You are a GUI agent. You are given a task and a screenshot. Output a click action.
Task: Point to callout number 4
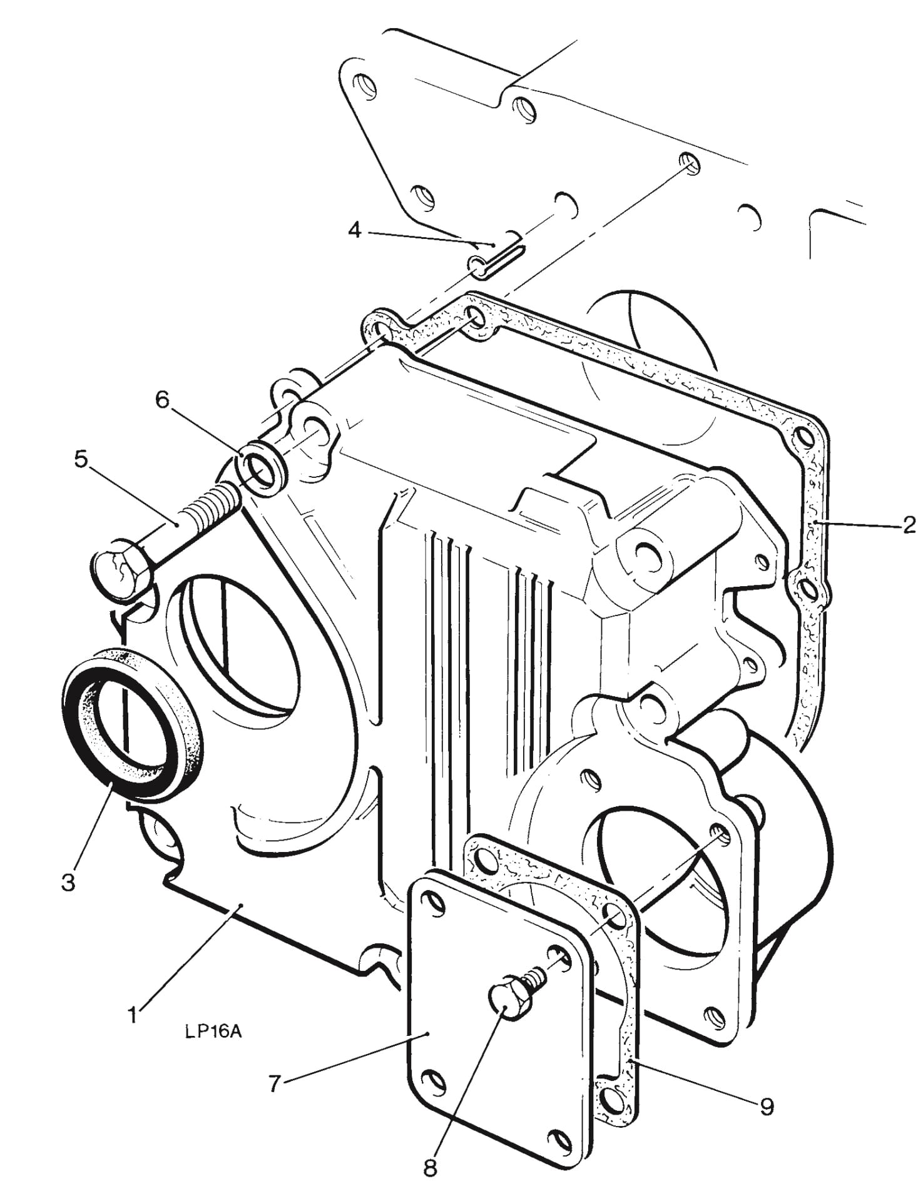(x=354, y=231)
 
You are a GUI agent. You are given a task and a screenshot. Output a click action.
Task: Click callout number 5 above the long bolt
(x=81, y=459)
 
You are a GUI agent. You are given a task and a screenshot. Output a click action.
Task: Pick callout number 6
(x=162, y=400)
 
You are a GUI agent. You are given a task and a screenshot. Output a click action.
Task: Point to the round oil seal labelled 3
(x=133, y=722)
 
